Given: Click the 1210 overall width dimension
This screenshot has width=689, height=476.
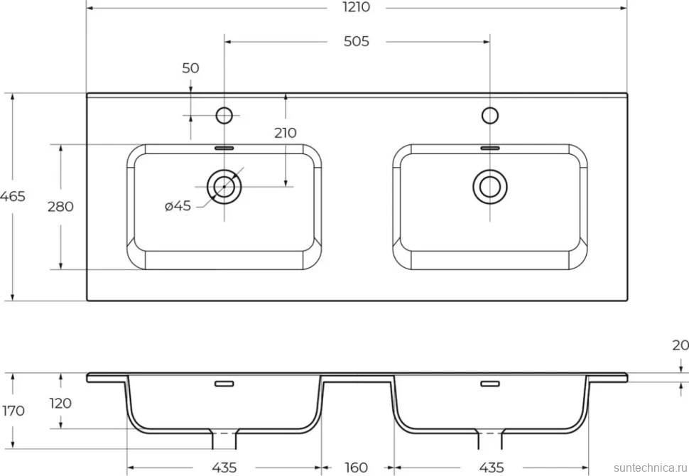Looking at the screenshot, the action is tap(356, 7).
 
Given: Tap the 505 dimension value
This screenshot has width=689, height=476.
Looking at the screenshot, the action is tap(356, 41).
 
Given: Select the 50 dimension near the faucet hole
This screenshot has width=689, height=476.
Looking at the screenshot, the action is tap(190, 68).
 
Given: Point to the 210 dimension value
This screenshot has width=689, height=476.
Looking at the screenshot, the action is tap(285, 133).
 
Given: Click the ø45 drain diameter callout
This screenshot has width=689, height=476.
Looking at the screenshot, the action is tap(178, 206).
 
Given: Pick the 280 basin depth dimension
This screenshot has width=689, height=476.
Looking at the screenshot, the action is tap(60, 207).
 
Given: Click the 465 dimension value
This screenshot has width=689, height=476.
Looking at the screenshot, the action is tap(13, 197).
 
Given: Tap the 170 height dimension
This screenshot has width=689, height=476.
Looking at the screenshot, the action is tap(13, 411).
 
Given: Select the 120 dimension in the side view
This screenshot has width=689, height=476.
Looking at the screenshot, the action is tap(60, 403).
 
